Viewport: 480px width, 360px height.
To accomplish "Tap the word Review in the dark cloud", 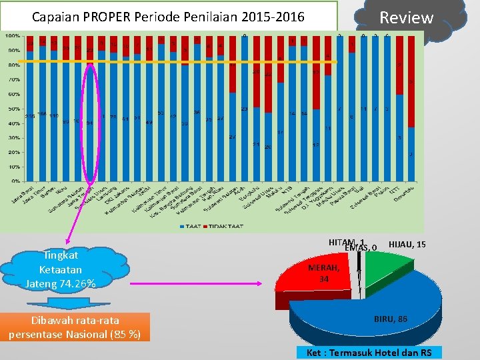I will click(x=406, y=17).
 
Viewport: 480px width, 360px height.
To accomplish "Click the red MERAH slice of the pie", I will click(x=313, y=280).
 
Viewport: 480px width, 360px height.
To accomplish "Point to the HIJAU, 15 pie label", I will click(x=407, y=245).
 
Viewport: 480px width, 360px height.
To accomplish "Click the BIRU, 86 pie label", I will click(x=391, y=319).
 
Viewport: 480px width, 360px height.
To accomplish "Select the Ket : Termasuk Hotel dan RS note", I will click(x=369, y=353).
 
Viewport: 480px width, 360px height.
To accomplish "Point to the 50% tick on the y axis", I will click(x=12, y=109).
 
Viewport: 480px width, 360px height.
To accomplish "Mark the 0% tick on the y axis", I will click(x=13, y=181).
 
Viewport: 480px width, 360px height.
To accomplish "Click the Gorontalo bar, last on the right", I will click(x=410, y=153).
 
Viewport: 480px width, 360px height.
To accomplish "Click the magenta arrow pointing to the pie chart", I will click(x=200, y=283).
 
